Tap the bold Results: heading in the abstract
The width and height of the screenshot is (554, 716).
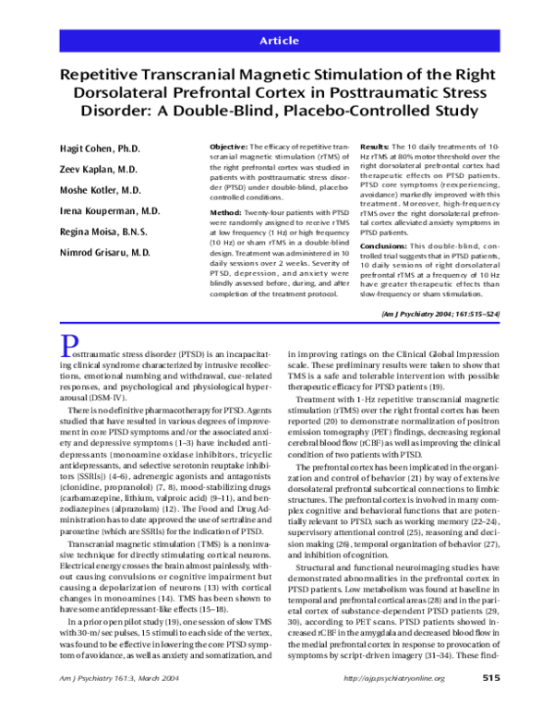point(373,147)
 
